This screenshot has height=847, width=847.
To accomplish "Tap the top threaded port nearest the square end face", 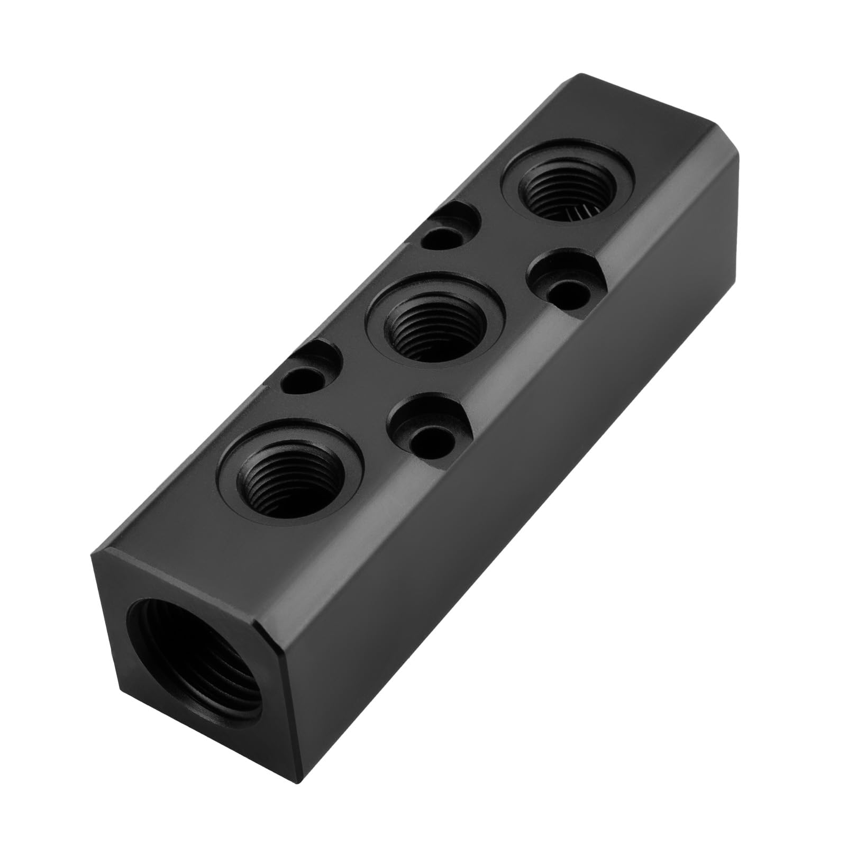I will coord(290,471).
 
